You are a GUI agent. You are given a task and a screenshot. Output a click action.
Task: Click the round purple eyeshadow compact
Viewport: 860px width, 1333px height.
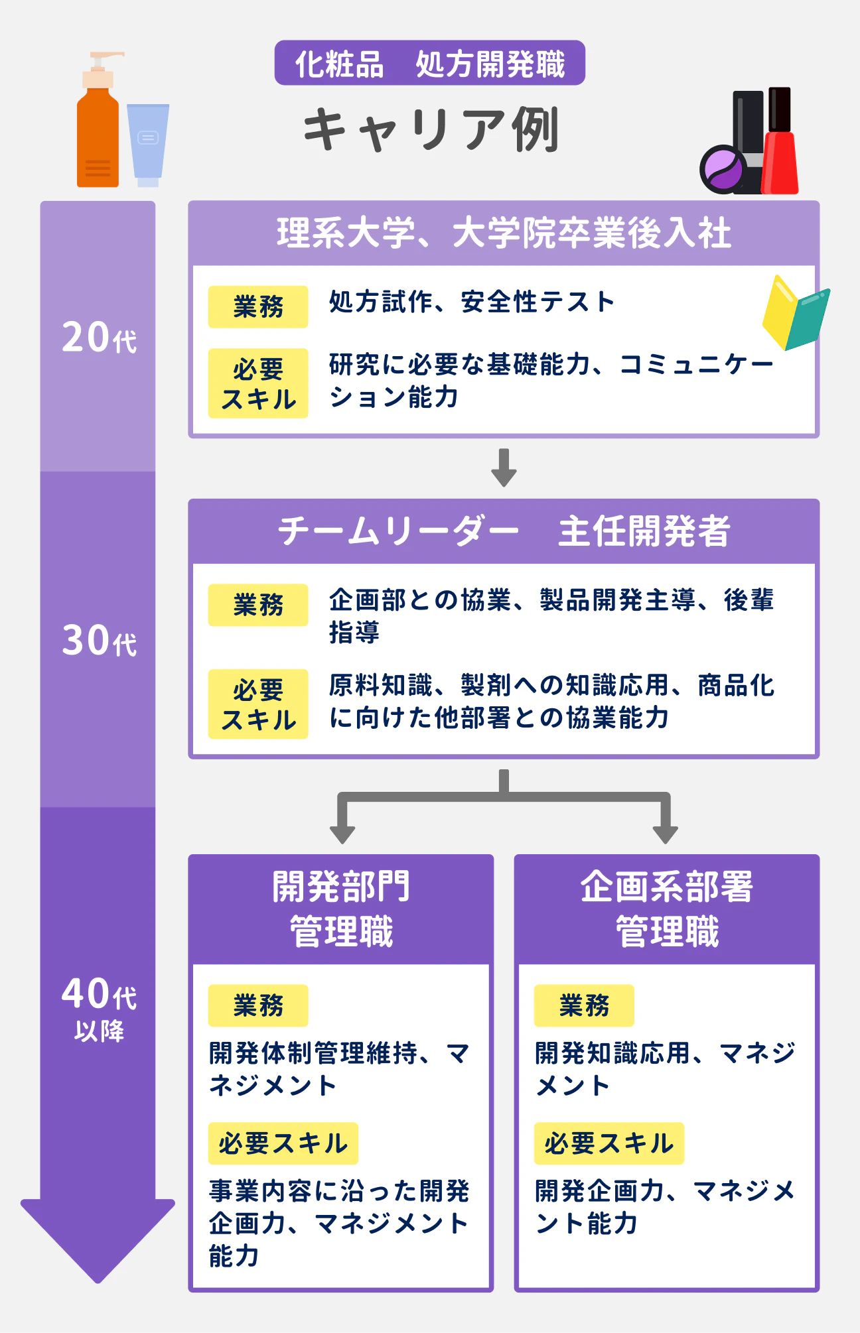click(722, 169)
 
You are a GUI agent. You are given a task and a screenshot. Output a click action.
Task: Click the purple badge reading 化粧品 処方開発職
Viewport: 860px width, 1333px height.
click(429, 64)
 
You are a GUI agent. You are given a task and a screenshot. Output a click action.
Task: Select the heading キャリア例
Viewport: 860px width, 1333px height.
click(430, 129)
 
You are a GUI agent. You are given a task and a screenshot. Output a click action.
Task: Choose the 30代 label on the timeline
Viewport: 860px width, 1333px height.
click(98, 641)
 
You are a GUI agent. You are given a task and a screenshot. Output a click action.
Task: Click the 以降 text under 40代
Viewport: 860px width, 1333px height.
click(99, 1031)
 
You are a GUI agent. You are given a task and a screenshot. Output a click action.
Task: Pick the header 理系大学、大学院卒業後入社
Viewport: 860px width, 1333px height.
click(504, 233)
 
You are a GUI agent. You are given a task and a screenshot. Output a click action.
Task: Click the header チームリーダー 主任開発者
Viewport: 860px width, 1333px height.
click(504, 532)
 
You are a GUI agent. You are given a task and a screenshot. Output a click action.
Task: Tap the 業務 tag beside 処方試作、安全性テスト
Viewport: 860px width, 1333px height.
click(258, 307)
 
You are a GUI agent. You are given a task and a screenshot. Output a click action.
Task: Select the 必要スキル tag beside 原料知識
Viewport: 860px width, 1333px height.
click(258, 704)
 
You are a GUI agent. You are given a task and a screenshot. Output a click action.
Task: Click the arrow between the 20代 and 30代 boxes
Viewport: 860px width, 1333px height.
click(504, 468)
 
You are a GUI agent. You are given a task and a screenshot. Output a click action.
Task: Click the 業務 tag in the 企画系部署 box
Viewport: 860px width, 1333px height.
click(584, 1005)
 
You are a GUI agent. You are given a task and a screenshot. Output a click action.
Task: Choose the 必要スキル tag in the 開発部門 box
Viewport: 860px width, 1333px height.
click(283, 1143)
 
